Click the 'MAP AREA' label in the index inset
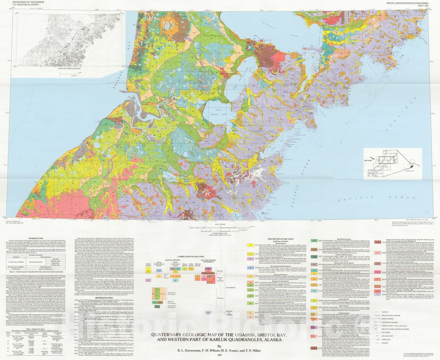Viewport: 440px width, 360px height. pos(369,160)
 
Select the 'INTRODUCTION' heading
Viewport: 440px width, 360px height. pos(35,238)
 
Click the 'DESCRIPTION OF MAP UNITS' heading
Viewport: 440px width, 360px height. pos(280,239)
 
